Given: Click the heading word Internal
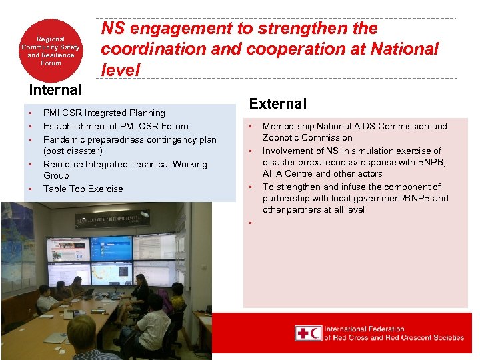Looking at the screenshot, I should tap(55, 89).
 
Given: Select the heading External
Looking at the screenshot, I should tap(277, 103).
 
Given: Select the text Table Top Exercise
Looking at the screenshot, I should tap(83, 189).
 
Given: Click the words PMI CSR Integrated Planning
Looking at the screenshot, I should tap(103, 113).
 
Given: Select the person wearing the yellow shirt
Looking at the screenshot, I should tap(177, 300).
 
